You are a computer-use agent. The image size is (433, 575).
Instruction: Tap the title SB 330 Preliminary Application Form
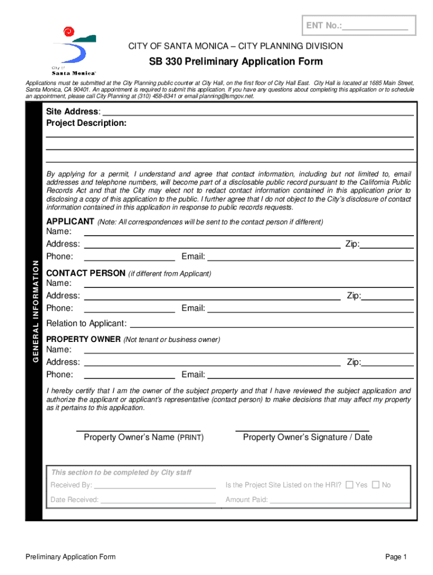(x=236, y=61)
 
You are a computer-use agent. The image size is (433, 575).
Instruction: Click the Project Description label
(x=86, y=123)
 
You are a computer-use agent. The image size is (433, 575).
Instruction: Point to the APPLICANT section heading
(x=70, y=221)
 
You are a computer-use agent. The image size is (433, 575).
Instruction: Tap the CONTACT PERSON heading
(x=85, y=273)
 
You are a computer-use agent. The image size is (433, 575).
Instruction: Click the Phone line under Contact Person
(x=129, y=308)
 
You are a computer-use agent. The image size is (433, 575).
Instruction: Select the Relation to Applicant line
(x=271, y=323)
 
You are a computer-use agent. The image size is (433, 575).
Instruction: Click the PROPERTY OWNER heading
(x=83, y=339)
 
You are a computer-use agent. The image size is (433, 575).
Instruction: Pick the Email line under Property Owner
(x=310, y=375)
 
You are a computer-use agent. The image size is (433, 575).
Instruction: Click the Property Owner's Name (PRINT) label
(x=143, y=437)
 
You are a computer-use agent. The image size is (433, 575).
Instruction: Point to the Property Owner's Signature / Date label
(x=307, y=437)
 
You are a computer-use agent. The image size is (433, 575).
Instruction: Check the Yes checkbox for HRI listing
(x=349, y=485)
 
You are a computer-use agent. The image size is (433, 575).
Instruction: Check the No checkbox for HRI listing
(x=376, y=485)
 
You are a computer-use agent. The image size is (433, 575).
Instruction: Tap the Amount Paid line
(x=339, y=500)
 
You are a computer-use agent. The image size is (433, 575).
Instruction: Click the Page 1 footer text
(x=395, y=556)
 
